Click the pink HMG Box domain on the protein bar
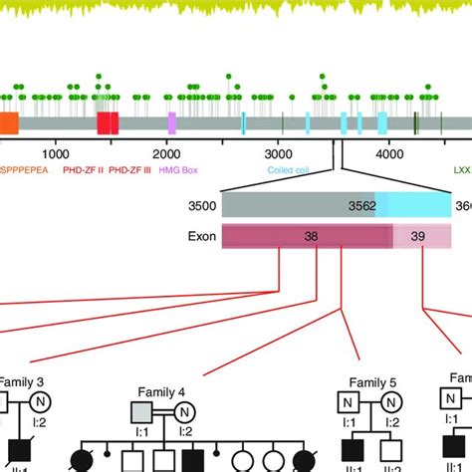pyautogui.click(x=172, y=123)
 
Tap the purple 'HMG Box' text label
pyautogui.click(x=179, y=170)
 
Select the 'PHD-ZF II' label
pyautogui.click(x=84, y=170)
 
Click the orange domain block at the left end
pyautogui.click(x=8, y=123)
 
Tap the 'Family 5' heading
pyautogui.click(x=372, y=383)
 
